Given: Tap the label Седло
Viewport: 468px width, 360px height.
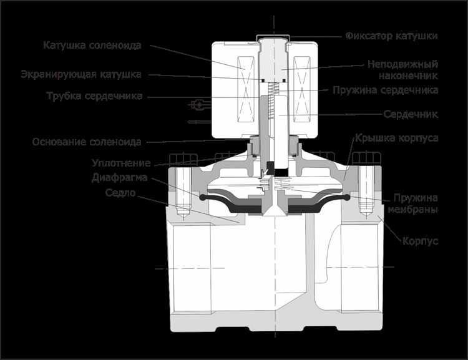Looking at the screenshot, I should click(120, 193).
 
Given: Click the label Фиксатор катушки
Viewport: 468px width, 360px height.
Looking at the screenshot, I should click(392, 36).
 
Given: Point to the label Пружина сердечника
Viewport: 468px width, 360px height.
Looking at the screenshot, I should click(393, 90).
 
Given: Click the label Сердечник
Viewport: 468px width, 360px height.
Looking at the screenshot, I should click(411, 115).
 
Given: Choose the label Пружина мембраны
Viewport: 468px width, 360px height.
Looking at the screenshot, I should click(415, 203).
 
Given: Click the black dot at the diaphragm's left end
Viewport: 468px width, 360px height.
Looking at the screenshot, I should click(203, 198).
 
